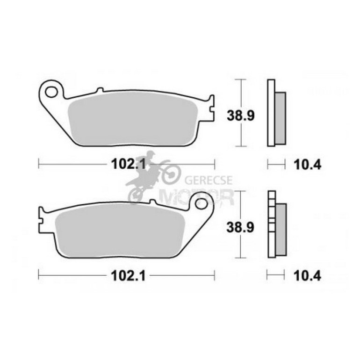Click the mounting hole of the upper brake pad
click(51, 92)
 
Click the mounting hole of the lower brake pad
click(201, 203)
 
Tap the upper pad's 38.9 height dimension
click(241, 115)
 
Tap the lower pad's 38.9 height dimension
click(240, 228)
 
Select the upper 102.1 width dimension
click(129, 165)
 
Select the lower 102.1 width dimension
click(129, 276)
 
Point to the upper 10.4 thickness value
click(308, 165)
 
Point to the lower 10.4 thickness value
click(308, 276)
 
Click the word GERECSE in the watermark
click(209, 180)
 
